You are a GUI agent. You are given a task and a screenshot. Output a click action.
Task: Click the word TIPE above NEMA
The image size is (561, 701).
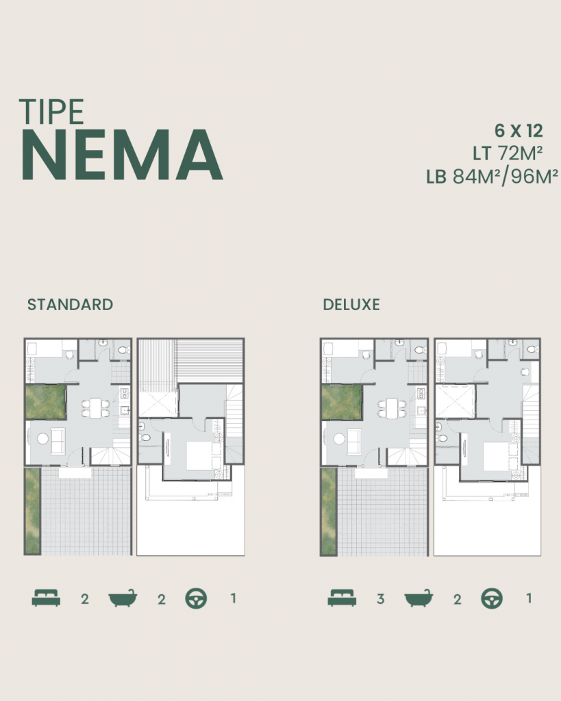point(52,112)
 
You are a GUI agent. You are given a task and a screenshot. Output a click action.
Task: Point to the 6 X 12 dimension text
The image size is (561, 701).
point(519,130)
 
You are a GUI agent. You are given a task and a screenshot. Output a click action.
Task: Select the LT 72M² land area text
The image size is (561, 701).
point(508,153)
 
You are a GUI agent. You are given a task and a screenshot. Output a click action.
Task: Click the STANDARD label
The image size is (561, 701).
point(70,305)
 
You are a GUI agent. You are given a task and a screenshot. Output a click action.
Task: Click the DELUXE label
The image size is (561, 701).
point(351,305)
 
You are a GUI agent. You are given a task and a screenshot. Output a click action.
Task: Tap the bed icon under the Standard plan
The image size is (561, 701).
point(46,598)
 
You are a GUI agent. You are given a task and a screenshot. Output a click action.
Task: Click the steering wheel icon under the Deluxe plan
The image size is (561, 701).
point(492,598)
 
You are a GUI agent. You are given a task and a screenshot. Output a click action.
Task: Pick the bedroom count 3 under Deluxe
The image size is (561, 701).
point(381,599)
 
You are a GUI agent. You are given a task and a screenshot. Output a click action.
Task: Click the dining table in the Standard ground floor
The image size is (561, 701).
point(95,408)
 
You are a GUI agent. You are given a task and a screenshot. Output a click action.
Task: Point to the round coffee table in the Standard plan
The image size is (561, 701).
point(42,438)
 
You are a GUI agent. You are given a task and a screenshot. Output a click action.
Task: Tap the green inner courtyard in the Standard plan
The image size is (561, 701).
point(46,403)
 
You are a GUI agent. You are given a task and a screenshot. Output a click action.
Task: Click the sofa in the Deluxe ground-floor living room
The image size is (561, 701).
point(355,442)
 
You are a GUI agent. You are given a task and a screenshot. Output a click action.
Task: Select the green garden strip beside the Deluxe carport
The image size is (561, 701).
point(329,511)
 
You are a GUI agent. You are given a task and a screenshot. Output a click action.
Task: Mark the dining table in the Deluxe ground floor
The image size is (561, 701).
point(392,408)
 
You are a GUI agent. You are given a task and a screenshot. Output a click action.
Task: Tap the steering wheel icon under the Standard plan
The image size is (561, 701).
point(196,598)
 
